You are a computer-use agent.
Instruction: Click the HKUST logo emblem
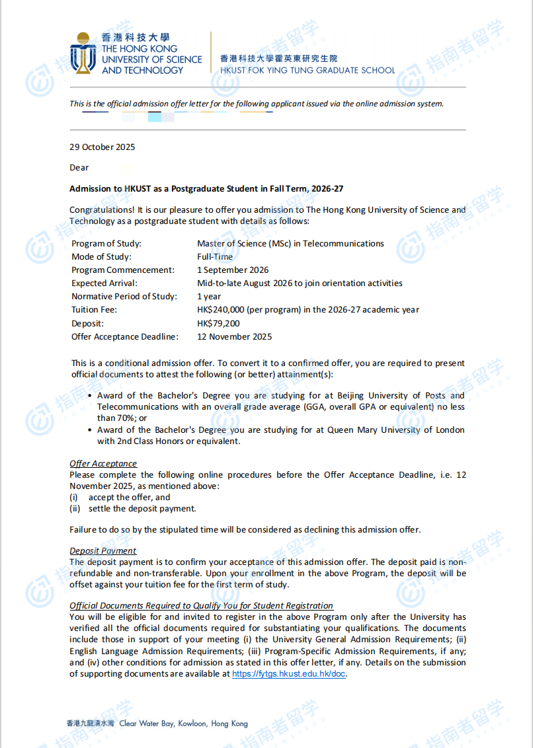tap(83, 53)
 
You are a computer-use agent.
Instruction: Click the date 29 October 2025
tap(102, 147)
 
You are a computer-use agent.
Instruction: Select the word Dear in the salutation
tap(79, 167)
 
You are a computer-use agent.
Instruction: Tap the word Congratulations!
tap(102, 210)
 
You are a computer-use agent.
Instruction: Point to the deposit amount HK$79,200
tap(218, 323)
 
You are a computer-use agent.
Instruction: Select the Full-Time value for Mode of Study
tap(215, 256)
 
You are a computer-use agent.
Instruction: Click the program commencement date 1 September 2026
tap(233, 270)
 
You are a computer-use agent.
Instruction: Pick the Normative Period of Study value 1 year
tap(209, 297)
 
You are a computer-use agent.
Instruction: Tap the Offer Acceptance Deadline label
tap(125, 336)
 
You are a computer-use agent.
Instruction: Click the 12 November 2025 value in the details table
tap(234, 336)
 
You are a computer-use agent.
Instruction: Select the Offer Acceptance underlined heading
tap(103, 464)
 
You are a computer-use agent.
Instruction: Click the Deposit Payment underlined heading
tap(103, 551)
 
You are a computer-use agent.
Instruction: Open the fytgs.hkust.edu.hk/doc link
tap(288, 674)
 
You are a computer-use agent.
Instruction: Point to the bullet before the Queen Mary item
tap(90, 430)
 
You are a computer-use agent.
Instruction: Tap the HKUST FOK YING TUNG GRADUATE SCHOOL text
tap(307, 70)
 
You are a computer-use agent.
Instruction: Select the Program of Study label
tap(106, 243)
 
